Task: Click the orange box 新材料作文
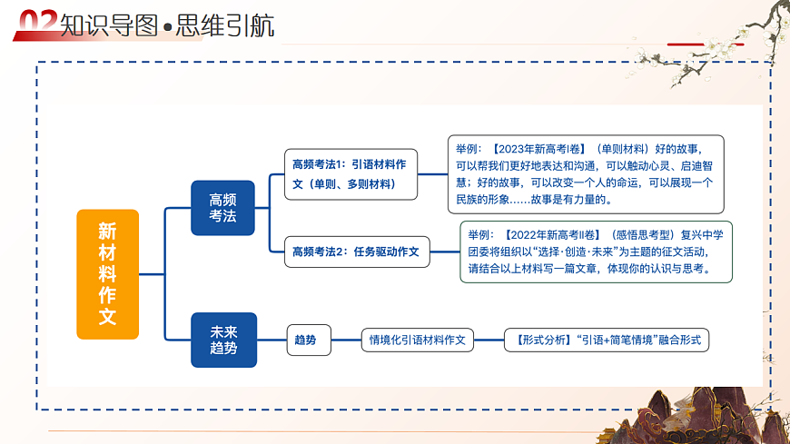click(x=107, y=274)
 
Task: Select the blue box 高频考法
click(x=222, y=208)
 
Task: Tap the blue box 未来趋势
click(x=223, y=340)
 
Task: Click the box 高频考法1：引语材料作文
click(x=350, y=173)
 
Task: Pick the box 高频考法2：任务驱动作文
click(x=356, y=252)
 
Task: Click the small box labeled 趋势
click(x=308, y=340)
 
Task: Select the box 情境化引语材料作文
click(x=417, y=340)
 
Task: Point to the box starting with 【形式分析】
click(x=606, y=340)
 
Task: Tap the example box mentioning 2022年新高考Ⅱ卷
click(x=596, y=252)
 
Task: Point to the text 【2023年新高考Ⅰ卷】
click(x=535, y=148)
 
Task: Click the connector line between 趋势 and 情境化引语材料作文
click(x=346, y=340)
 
